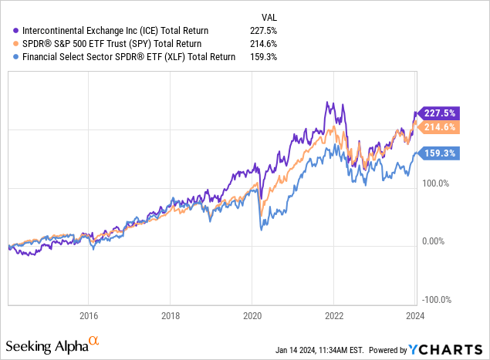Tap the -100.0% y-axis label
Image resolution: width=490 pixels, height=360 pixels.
(x=438, y=300)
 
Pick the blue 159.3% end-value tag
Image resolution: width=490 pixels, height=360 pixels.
(x=438, y=153)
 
